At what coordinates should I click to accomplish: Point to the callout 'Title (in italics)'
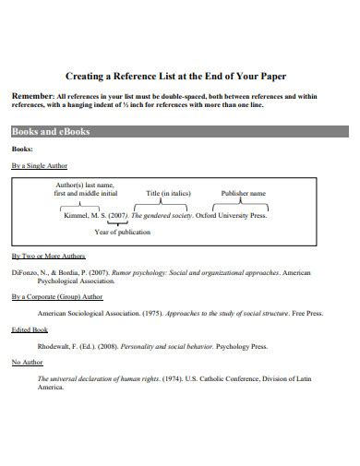169,194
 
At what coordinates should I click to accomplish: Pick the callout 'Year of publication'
122,232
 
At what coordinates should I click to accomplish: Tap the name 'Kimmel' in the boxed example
78,214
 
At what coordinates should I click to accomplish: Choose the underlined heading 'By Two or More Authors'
48,255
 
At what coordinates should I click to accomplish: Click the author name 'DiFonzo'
27,274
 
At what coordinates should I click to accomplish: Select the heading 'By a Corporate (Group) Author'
57,298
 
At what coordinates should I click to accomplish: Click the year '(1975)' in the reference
141,314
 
